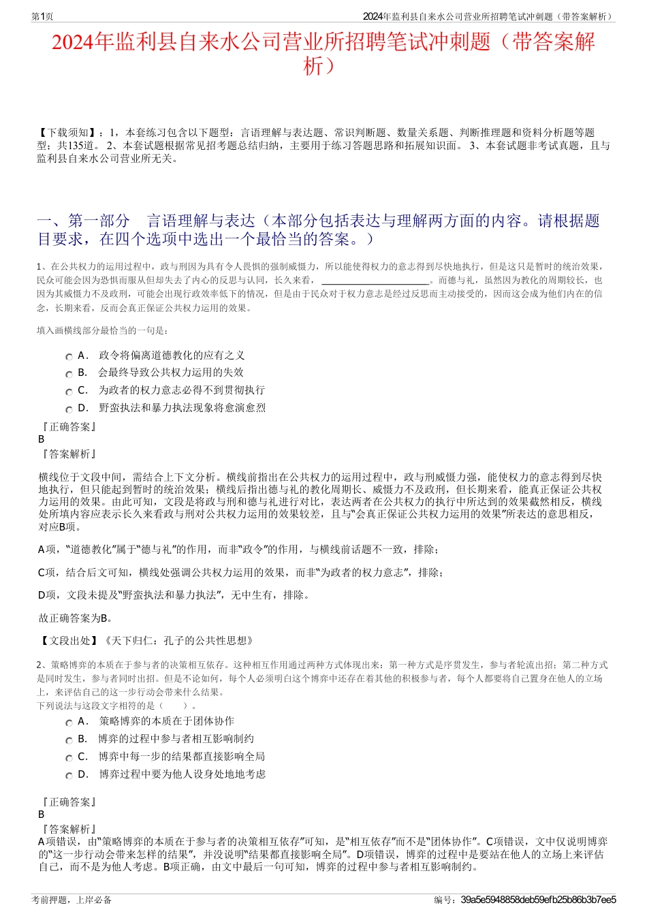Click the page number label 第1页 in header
coord(42,16)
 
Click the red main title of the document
coord(323,53)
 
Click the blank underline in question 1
coord(375,281)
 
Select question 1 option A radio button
coord(69,356)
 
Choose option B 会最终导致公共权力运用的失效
coord(170,373)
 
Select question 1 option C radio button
coord(69,392)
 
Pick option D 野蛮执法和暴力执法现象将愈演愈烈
coord(182,408)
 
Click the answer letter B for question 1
coord(42,439)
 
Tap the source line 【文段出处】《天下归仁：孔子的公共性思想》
coord(146,640)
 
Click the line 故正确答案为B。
coord(76,618)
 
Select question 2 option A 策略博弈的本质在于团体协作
coord(166,721)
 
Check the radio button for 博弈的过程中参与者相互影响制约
coord(69,740)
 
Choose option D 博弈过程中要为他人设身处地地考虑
coord(182,774)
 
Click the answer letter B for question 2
coord(42,815)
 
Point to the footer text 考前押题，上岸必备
coord(72,900)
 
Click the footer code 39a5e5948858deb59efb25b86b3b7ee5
coord(538,900)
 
